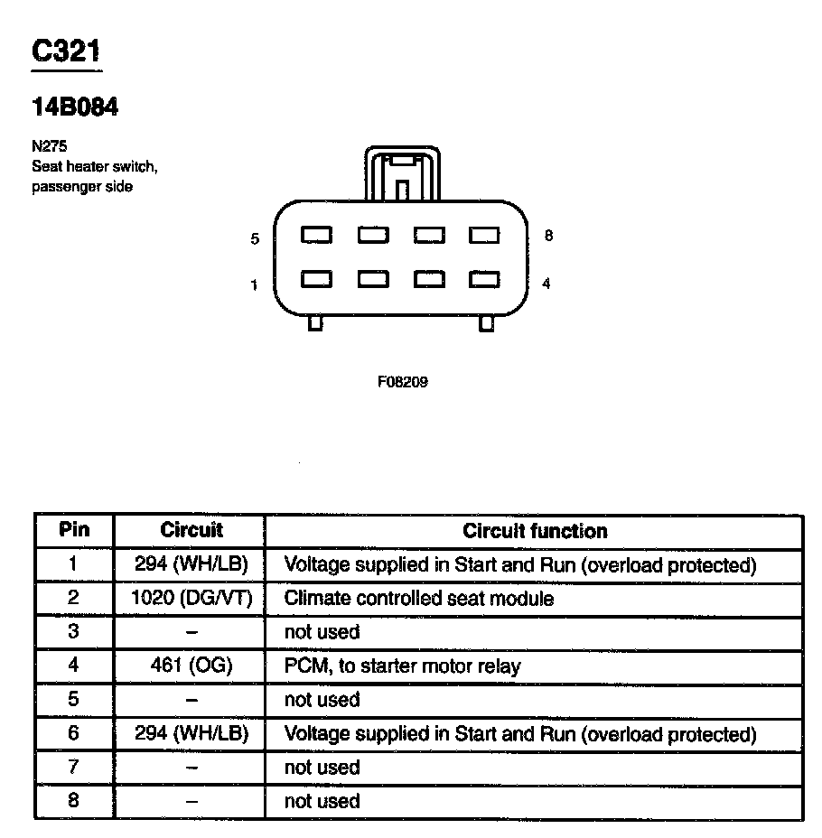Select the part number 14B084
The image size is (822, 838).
coord(75,107)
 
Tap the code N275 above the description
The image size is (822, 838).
coord(50,144)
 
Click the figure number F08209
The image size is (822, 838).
coord(402,382)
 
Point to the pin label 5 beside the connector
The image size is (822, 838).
coord(256,239)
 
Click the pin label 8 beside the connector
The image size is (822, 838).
coord(548,237)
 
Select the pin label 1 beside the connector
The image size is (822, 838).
coord(255,285)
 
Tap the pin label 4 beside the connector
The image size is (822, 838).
coord(546,284)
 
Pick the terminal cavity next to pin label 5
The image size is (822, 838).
coord(316,236)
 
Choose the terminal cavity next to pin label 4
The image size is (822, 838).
coord(485,280)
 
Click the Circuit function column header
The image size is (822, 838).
coord(535,531)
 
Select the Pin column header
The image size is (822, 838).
coord(74,530)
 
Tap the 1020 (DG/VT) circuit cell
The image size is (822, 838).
coord(191,598)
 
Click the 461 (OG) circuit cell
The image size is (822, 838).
coord(191,666)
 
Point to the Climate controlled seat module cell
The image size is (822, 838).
coord(419,598)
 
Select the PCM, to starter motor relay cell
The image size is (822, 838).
coord(402,666)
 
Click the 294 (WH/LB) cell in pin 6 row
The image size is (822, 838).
coord(191,734)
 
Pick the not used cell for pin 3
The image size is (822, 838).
coord(322,632)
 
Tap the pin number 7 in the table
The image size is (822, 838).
coord(74,768)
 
